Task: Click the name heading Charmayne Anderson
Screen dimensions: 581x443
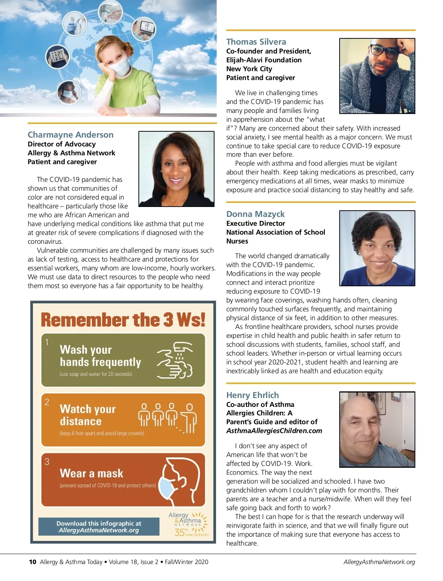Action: click(71, 135)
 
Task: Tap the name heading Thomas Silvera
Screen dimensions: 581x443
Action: click(256, 42)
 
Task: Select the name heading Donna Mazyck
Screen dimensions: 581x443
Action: click(255, 214)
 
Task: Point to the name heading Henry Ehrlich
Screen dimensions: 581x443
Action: click(253, 395)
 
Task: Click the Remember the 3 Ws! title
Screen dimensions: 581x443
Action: click(123, 319)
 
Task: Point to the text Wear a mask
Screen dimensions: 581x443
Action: click(92, 473)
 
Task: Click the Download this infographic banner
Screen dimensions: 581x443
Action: click(99, 527)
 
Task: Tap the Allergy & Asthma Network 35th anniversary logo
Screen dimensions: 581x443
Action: click(189, 524)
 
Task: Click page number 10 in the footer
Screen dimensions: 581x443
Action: click(32, 562)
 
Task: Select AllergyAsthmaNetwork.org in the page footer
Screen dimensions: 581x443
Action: click(379, 562)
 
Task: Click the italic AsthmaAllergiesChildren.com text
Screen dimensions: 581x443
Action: click(274, 430)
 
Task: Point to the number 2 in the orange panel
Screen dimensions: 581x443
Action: click(47, 402)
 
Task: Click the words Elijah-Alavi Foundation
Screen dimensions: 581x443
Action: click(264, 60)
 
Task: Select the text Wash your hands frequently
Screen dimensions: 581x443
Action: click(100, 356)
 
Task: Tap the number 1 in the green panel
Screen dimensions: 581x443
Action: click(47, 342)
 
